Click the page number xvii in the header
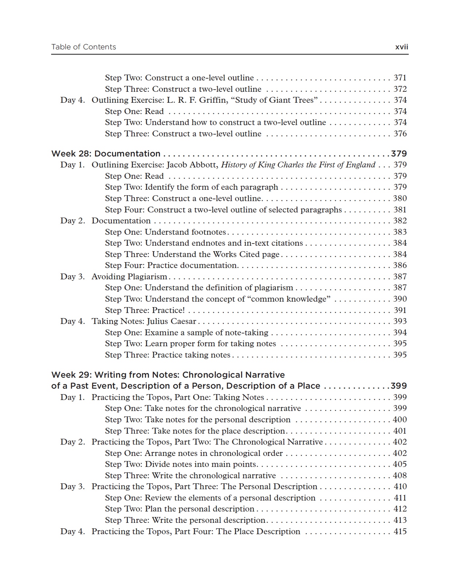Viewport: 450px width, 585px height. click(402, 47)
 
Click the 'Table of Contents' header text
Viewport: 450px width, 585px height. click(84, 47)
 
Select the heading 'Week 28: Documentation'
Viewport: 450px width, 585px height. click(106, 154)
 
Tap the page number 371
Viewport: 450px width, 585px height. click(400, 78)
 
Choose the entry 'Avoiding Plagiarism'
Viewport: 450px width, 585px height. click(129, 277)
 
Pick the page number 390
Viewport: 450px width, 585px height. click(400, 299)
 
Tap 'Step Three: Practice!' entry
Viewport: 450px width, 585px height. click(145, 310)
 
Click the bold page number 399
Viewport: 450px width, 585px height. click(399, 386)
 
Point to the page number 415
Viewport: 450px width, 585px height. click(400, 532)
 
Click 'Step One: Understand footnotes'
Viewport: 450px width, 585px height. click(165, 232)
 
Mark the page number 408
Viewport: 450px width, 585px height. click(400, 476)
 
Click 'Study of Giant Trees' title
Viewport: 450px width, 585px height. click(274, 100)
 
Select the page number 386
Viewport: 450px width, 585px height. click(400, 265)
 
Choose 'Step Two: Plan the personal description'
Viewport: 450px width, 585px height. click(180, 509)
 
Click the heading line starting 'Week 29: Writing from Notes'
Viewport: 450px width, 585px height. click(168, 375)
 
